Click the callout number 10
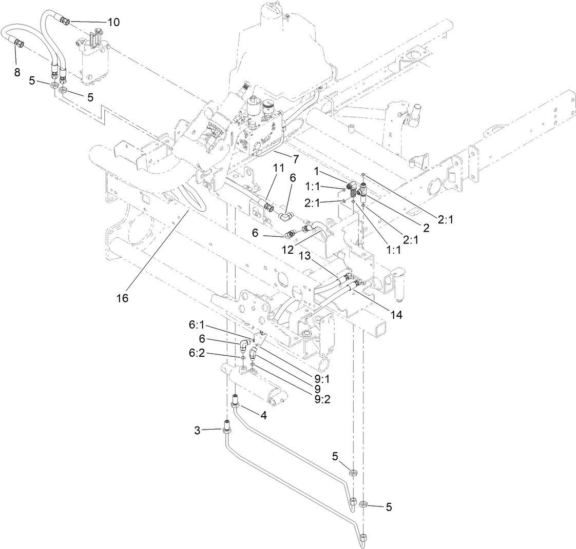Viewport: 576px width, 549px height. click(113, 22)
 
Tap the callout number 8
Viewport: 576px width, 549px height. click(17, 72)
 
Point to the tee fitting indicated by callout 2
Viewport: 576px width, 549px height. click(362, 192)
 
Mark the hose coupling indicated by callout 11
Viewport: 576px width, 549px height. click(267, 208)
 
